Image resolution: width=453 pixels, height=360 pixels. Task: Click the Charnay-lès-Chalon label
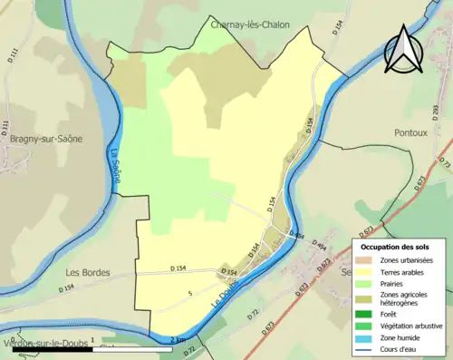tap(250, 24)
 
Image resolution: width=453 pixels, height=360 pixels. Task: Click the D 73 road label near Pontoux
tap(444, 161)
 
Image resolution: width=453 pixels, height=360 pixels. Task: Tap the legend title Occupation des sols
tap(395, 247)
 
